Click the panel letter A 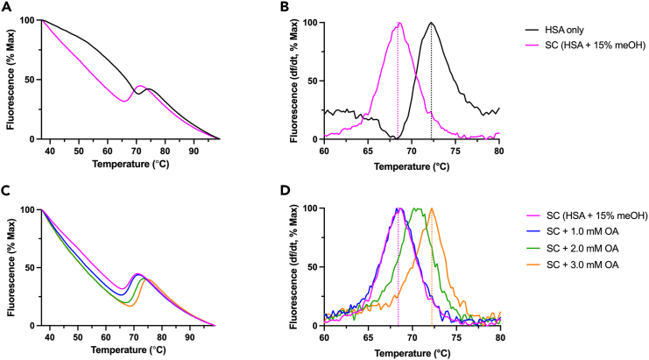coord(6,8)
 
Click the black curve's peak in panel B coord(431,23)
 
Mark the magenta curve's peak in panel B coord(399,23)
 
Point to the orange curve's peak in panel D coord(432,208)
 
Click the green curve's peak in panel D coord(416,208)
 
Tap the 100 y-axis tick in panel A coord(26,20)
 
